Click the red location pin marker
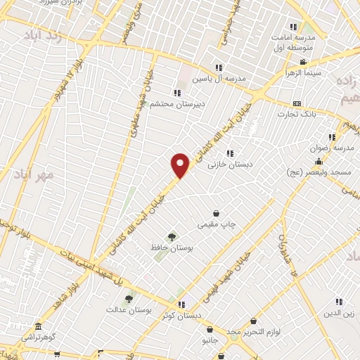click(181, 165)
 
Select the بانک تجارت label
click(298, 113)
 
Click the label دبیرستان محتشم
click(176, 104)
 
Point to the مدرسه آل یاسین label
click(221, 78)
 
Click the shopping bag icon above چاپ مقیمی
click(216, 213)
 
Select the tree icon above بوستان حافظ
click(172, 236)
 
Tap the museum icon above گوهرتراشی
click(37, 329)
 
